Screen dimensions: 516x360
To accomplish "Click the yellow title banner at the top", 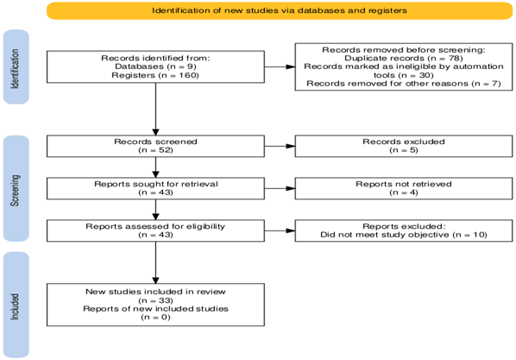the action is [x=280, y=10].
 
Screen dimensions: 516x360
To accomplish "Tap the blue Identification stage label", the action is [x=16, y=66].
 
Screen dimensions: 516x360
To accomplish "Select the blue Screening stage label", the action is [x=16, y=188].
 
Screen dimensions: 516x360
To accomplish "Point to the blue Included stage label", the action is [x=16, y=305].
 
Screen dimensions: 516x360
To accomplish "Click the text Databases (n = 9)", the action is [x=155, y=66].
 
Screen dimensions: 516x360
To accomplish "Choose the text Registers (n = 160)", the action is [x=155, y=75].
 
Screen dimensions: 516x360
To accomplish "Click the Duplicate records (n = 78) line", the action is [x=404, y=59].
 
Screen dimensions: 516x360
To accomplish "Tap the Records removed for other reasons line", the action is [x=404, y=84].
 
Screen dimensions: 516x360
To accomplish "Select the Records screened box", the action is [x=155, y=146].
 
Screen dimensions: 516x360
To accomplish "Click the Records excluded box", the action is [x=404, y=146].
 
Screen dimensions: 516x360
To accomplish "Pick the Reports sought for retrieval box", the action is [x=155, y=188].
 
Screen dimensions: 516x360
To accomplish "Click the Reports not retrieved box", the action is [x=404, y=188].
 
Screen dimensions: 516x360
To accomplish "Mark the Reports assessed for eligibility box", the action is [x=155, y=231].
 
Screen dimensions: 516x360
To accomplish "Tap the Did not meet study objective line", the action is [x=404, y=235].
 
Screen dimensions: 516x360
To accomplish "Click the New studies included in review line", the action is [x=155, y=292].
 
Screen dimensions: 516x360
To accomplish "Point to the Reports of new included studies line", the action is [x=155, y=309].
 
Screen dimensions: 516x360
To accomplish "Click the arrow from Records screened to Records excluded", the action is [x=280, y=146].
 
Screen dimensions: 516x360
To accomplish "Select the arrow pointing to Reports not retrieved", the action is [x=280, y=188].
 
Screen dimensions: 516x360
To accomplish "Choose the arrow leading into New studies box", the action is [x=155, y=262].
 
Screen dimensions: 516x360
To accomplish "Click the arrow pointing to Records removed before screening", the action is [x=280, y=66].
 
